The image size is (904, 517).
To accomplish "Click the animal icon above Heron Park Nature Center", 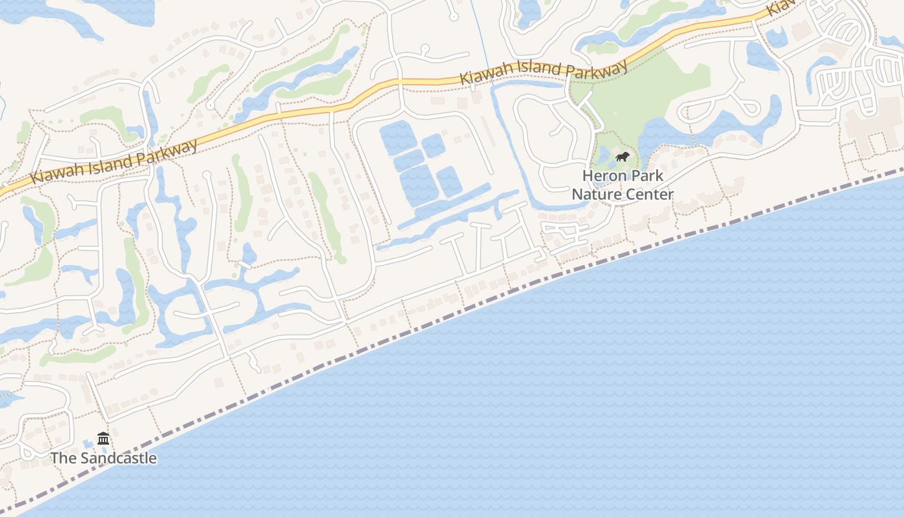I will click(x=622, y=156).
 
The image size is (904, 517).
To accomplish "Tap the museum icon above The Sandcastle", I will click(x=103, y=439).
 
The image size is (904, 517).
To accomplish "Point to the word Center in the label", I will click(x=648, y=194).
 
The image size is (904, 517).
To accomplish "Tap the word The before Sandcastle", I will click(x=64, y=458).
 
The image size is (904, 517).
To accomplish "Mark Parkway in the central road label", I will click(x=598, y=67).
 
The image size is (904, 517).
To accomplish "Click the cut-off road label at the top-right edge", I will click(x=781, y=8).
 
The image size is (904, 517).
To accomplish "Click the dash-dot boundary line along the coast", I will click(x=452, y=321).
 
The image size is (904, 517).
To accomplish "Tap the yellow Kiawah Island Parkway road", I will click(x=310, y=110).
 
